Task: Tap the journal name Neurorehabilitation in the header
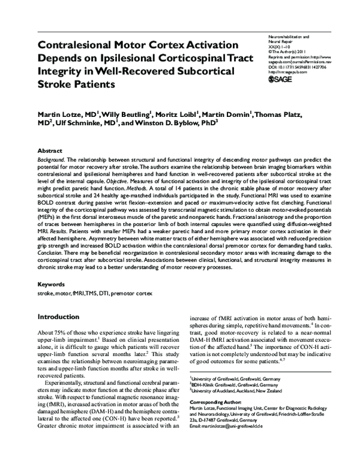(288, 37)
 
